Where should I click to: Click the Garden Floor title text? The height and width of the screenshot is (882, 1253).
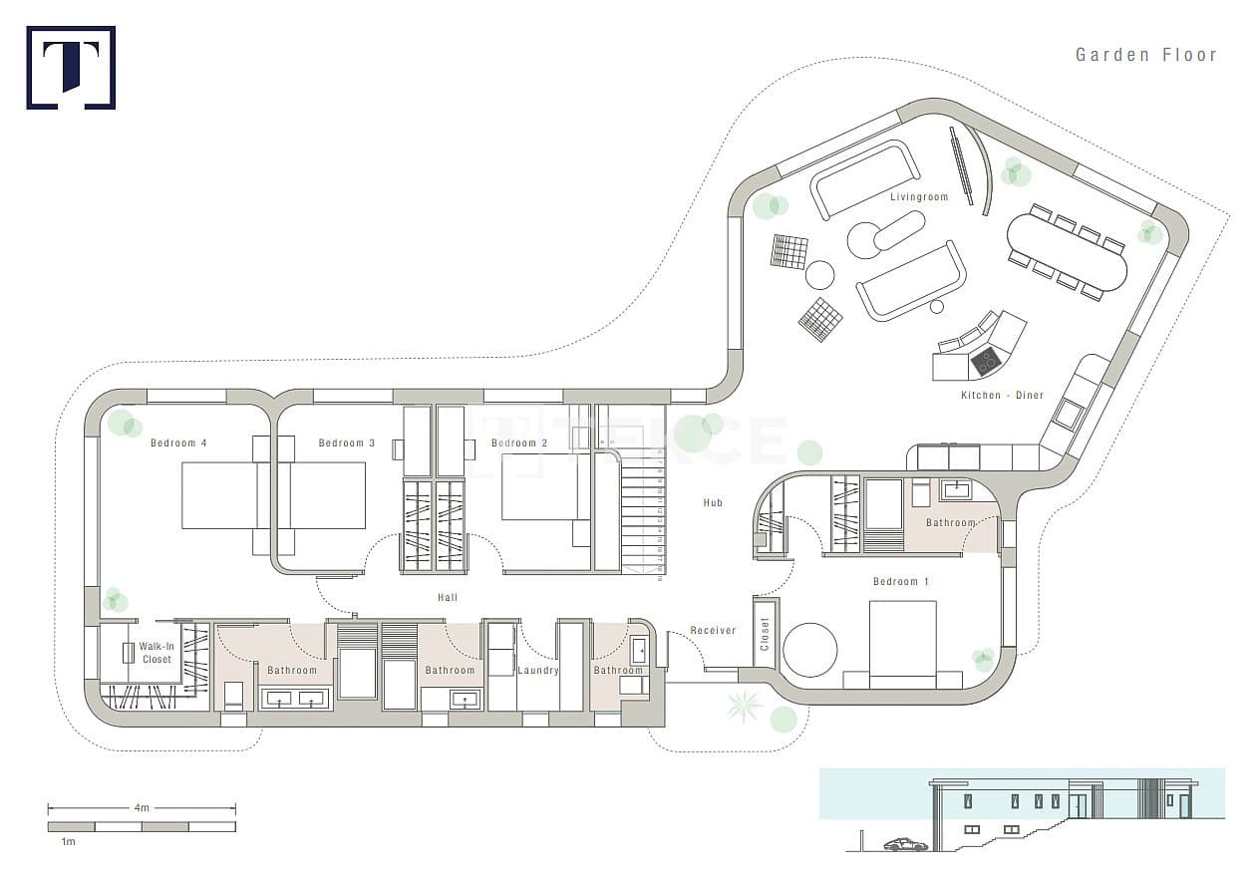1146,55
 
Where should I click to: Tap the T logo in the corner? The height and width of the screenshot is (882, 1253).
71,68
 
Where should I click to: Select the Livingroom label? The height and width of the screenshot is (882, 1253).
919,197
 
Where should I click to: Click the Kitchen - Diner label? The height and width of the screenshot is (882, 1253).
1002,396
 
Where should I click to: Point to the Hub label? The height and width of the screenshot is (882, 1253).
713,503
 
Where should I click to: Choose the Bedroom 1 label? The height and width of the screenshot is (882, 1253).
900,582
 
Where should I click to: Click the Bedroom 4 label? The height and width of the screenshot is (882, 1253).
178,442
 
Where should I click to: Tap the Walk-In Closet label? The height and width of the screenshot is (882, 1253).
157,653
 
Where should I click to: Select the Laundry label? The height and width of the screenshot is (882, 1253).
538,671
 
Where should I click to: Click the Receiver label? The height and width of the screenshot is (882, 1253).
713,631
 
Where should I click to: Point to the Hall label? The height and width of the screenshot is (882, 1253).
448,598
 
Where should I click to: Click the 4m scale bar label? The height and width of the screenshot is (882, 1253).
142,808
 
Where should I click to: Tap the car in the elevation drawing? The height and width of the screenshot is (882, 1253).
905,844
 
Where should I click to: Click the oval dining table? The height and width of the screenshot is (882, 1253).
1067,252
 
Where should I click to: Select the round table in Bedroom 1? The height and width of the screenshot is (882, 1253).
810,651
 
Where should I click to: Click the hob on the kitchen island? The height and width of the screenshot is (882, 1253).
986,361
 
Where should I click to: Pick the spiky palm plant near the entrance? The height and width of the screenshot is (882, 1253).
744,706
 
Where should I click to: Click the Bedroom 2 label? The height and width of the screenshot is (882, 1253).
519,443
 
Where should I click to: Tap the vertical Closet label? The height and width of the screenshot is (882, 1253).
766,634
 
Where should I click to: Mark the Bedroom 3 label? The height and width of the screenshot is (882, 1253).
347,442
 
